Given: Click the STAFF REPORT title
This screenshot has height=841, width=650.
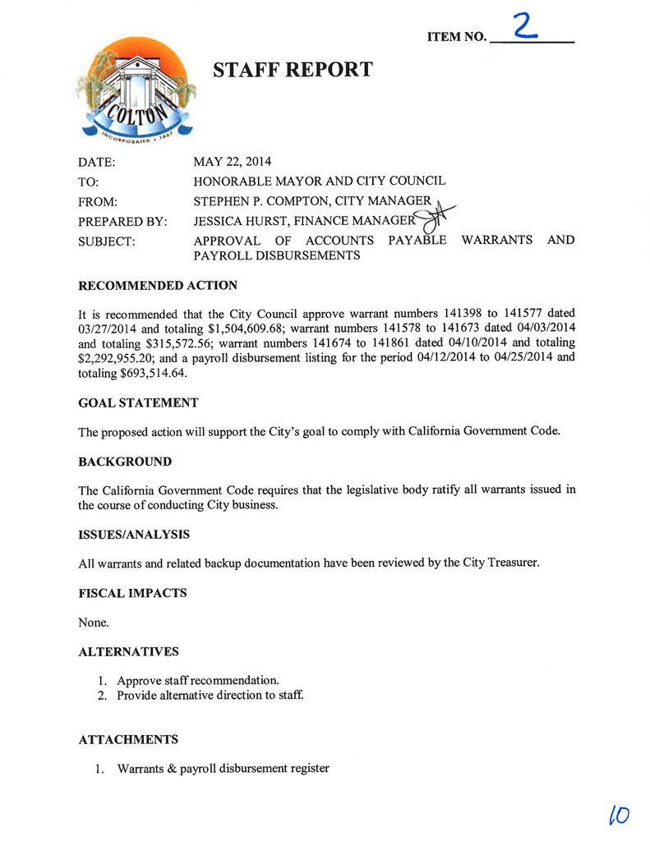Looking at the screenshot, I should [293, 70].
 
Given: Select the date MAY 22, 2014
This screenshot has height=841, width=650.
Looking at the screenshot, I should [233, 162].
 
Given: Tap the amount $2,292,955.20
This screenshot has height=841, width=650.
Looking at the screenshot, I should [120, 358].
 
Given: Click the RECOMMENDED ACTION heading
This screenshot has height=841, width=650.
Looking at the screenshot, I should [158, 286].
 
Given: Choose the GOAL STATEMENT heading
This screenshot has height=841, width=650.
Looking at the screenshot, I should [138, 402].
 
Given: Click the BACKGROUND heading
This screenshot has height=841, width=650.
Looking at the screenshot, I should [125, 462].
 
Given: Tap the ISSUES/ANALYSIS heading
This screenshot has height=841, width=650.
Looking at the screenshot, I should [134, 535].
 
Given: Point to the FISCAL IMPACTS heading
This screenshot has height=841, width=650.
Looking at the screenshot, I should [132, 593].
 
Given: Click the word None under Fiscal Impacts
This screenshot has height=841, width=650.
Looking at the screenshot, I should [93, 623].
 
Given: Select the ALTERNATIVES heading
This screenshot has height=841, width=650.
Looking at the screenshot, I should [128, 651].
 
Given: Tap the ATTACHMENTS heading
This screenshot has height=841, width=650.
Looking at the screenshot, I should [128, 739].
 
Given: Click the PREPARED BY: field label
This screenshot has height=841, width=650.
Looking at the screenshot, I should [122, 221].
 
